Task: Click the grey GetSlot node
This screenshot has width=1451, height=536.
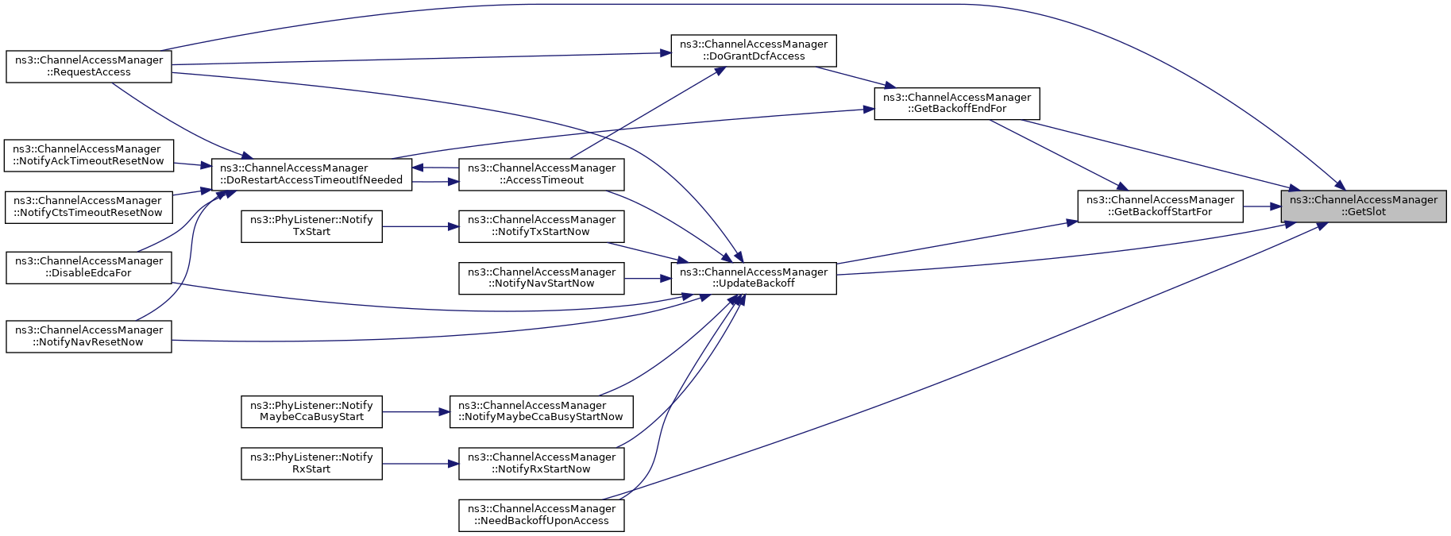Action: tap(1363, 206)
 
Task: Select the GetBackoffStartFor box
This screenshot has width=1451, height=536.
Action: tap(1160, 206)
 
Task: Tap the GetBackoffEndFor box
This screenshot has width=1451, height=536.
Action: tap(957, 103)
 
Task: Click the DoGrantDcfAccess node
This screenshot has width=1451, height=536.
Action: tap(754, 51)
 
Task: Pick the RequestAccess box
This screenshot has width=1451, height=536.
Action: tap(89, 66)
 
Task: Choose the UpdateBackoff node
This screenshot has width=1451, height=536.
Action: tap(754, 278)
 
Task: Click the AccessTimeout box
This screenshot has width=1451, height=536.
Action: tap(542, 175)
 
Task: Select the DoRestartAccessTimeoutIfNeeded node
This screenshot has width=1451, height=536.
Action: tap(311, 175)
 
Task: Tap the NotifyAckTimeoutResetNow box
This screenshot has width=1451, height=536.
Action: tap(88, 155)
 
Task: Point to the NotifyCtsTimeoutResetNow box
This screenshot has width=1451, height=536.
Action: tap(88, 206)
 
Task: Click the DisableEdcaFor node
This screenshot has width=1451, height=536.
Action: tap(89, 268)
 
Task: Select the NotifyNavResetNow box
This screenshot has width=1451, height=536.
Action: tap(89, 336)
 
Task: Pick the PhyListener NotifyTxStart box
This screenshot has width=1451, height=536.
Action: tap(311, 226)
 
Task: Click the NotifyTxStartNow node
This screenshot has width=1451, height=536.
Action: tap(542, 226)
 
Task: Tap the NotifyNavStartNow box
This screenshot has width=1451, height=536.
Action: tap(542, 278)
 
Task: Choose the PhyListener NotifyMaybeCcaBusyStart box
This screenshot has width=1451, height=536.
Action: tap(311, 411)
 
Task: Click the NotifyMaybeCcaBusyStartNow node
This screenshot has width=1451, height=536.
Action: tap(542, 411)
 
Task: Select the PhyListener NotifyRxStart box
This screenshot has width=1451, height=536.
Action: tap(311, 464)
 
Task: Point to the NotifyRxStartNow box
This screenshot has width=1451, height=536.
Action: tap(542, 464)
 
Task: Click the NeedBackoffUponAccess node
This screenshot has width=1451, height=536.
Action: tap(542, 515)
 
